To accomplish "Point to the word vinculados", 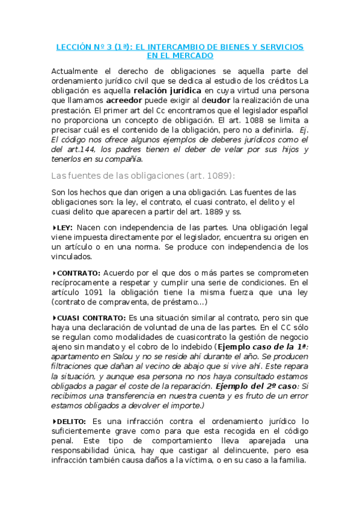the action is point(72,257).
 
